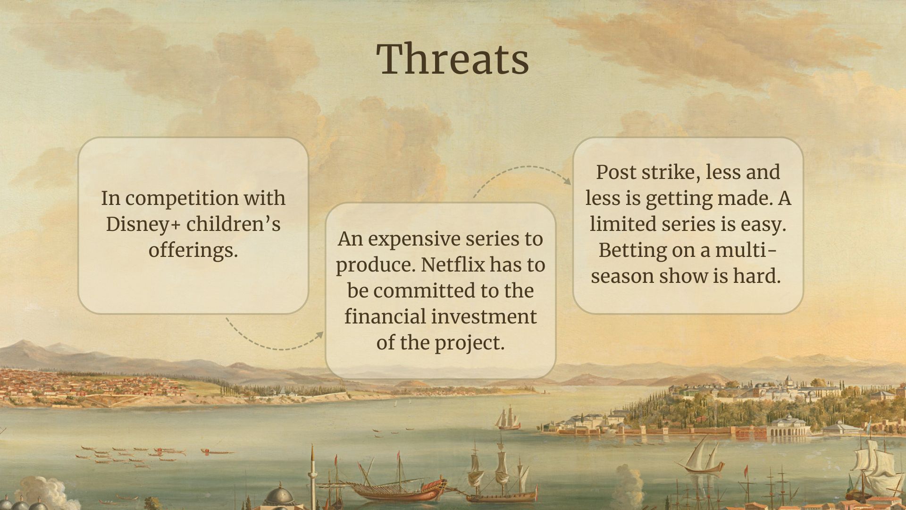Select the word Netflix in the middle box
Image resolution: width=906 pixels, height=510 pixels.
click(x=453, y=264)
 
